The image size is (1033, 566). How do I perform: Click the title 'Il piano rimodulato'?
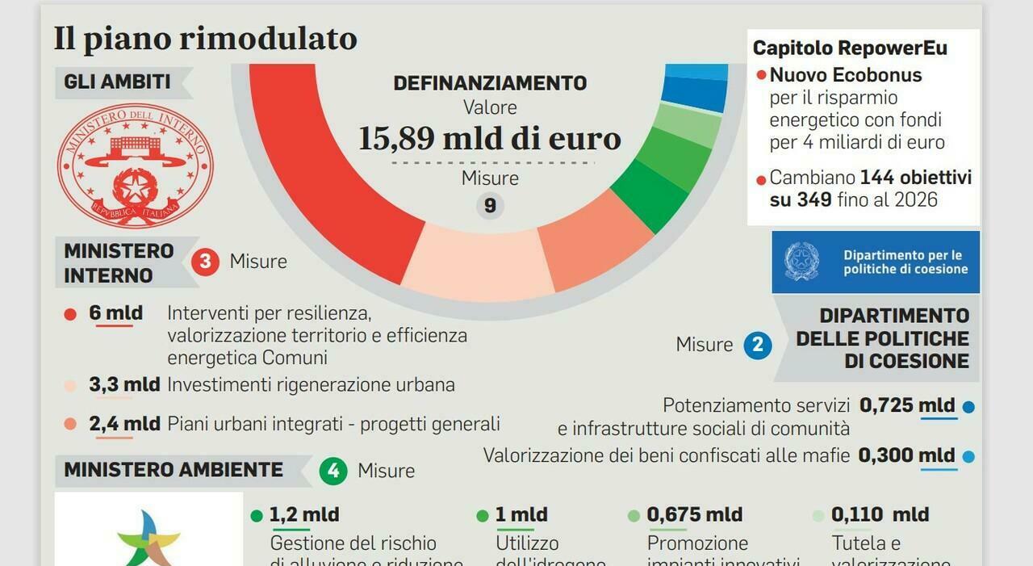(205, 39)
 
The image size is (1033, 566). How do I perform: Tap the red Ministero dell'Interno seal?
(135, 165)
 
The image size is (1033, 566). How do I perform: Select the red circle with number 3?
(206, 262)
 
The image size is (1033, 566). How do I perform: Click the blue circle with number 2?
(757, 345)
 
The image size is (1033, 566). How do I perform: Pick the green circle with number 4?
(332, 470)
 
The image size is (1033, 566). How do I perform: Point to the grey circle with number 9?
(490, 206)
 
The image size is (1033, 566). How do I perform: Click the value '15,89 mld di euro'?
(490, 138)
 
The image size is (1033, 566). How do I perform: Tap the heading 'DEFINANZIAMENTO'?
(490, 83)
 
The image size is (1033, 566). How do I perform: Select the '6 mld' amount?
(115, 313)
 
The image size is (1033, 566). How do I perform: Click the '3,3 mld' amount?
(124, 384)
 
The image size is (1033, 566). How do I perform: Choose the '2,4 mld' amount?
(124, 424)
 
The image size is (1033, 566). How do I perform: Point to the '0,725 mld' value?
(907, 405)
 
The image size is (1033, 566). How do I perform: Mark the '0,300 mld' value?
(906, 455)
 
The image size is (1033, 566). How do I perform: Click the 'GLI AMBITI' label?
(117, 82)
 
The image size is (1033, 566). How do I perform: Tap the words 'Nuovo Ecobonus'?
(845, 75)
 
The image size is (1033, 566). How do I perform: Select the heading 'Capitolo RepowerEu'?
(850, 48)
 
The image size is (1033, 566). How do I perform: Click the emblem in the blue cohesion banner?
(801, 262)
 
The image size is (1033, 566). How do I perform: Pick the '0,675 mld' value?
(694, 514)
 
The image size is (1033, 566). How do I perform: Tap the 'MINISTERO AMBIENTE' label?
(174, 470)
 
